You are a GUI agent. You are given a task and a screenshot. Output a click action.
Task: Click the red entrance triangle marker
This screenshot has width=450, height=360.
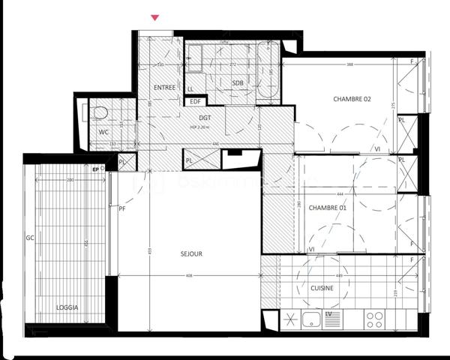pos(155,17)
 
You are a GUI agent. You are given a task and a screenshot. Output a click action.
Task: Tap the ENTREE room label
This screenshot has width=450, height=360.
pos(164,88)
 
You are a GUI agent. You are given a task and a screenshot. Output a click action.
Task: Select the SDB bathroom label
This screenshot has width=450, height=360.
pos(238,82)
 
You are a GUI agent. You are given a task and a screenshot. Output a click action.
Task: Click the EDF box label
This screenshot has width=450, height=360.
pos(195,101)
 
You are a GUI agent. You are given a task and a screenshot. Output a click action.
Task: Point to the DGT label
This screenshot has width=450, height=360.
pos(205,118)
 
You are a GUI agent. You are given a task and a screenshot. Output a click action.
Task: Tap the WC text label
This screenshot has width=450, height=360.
pos(103,132)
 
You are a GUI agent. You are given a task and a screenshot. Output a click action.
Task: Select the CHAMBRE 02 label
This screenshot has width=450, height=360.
pos(352,99)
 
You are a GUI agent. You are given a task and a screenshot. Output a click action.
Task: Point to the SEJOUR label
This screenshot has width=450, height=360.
pos(191,254)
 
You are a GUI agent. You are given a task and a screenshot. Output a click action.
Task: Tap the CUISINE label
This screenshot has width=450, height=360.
pos(322,287)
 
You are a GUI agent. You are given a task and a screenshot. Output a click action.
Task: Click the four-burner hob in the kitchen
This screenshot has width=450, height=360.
pos(375,319)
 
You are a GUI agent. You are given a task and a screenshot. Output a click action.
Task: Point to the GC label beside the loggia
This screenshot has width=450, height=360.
pos(31,238)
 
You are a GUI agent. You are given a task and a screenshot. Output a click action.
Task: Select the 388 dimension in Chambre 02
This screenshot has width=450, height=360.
pos(350,64)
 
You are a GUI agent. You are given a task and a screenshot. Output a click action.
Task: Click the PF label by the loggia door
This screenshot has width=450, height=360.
pos(121,209)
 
